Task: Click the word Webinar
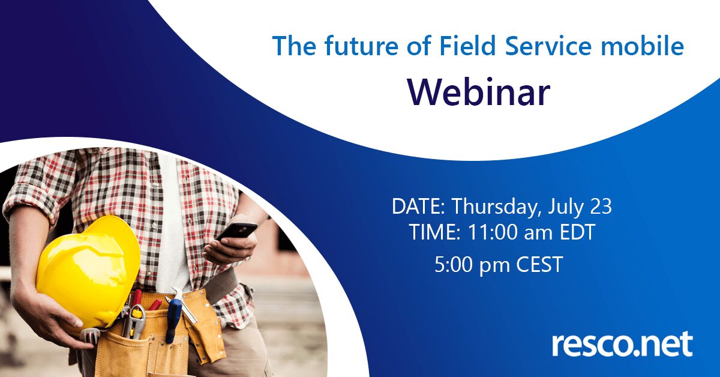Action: coord(479,92)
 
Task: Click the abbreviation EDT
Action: coord(577,232)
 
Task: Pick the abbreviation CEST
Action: coord(539,264)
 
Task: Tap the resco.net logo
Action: coord(622,344)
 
